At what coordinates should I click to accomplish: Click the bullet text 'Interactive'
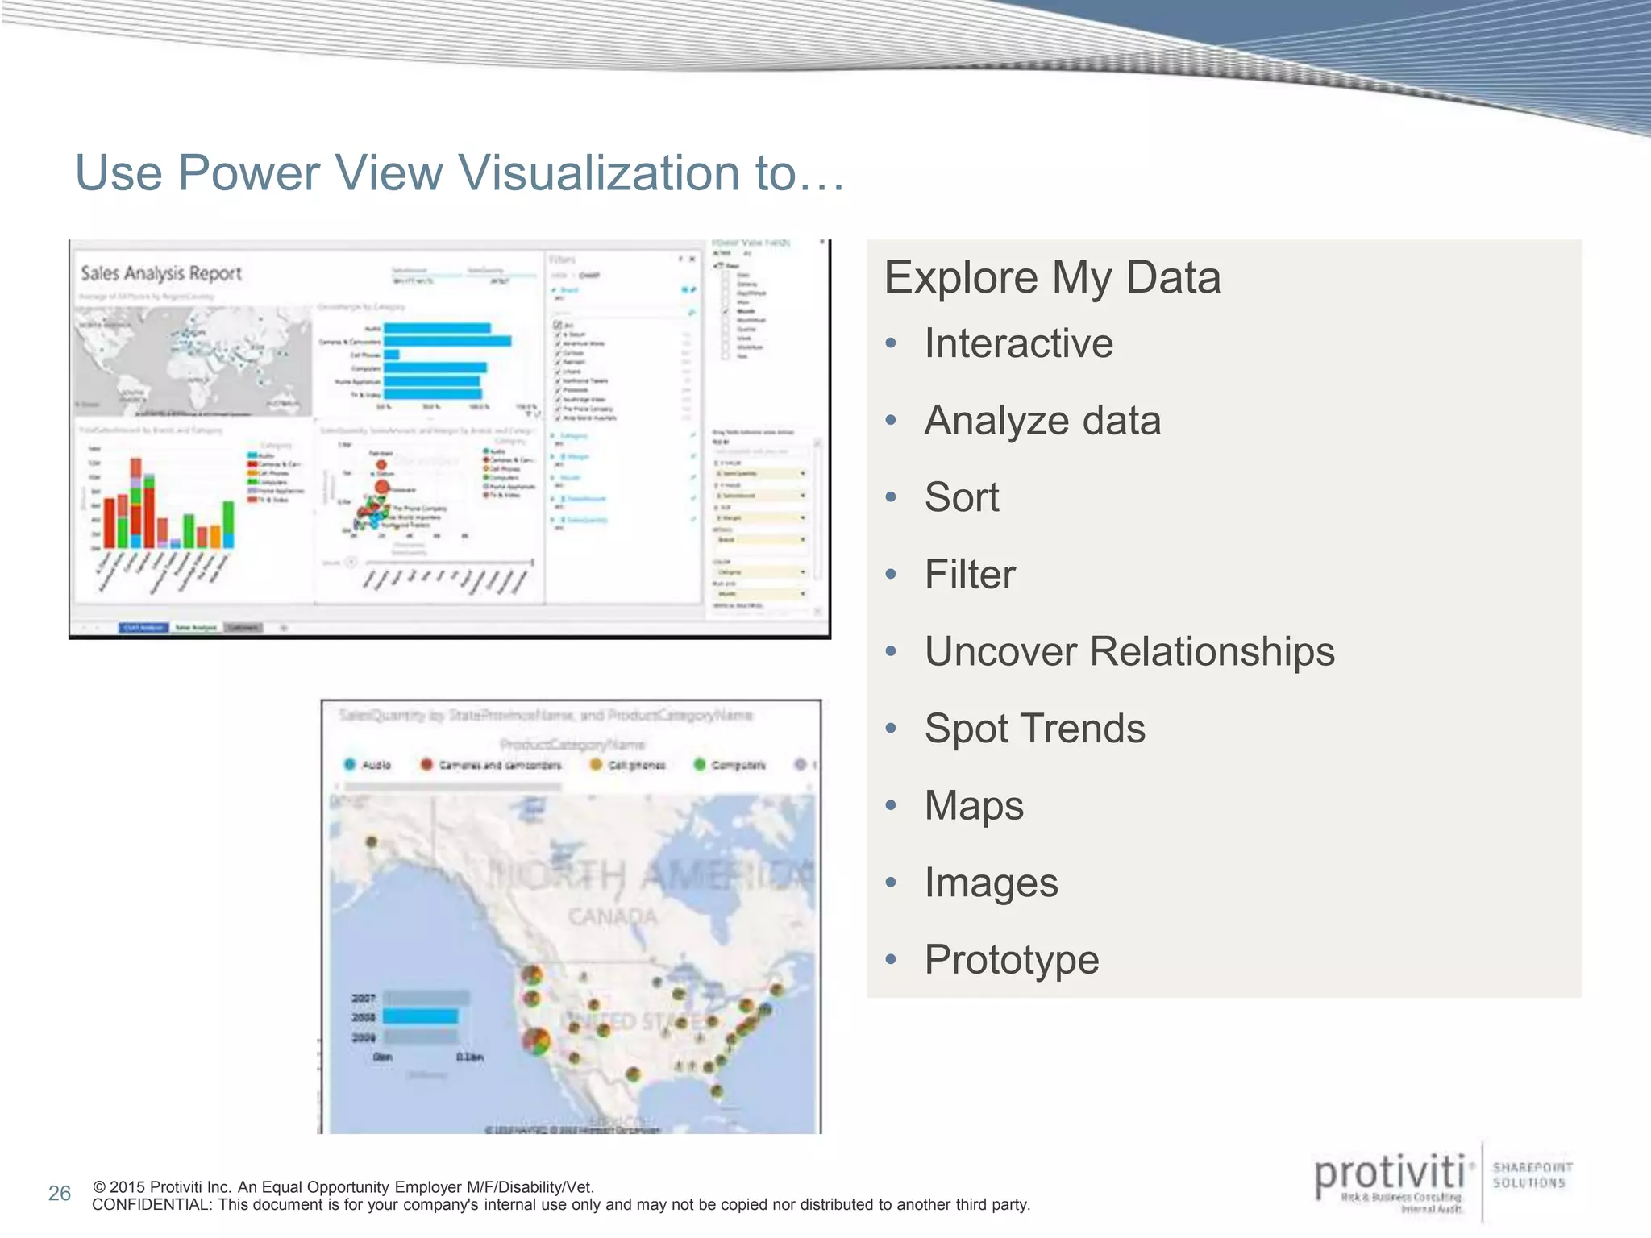1018,343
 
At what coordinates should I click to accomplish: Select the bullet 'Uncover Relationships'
1129,651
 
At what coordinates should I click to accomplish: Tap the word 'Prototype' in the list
1011,959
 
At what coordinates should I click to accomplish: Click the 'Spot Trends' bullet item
1034,729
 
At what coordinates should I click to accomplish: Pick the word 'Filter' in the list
970,575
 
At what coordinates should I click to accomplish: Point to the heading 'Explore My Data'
1052,277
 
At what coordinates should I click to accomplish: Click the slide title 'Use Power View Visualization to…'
460,172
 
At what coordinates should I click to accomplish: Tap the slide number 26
60,1194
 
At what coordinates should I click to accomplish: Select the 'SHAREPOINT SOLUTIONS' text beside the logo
1532,1175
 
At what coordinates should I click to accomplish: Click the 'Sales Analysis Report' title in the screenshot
161,273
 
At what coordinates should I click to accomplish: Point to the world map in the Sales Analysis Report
193,360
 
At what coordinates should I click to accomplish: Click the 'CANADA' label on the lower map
613,917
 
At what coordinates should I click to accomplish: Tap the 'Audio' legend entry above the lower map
376,765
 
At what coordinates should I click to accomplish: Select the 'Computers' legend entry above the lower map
738,765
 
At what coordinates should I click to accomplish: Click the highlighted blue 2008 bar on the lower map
420,1017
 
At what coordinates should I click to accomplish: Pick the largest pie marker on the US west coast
536,1041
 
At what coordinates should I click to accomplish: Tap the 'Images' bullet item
991,883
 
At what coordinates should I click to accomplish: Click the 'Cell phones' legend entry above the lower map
636,765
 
